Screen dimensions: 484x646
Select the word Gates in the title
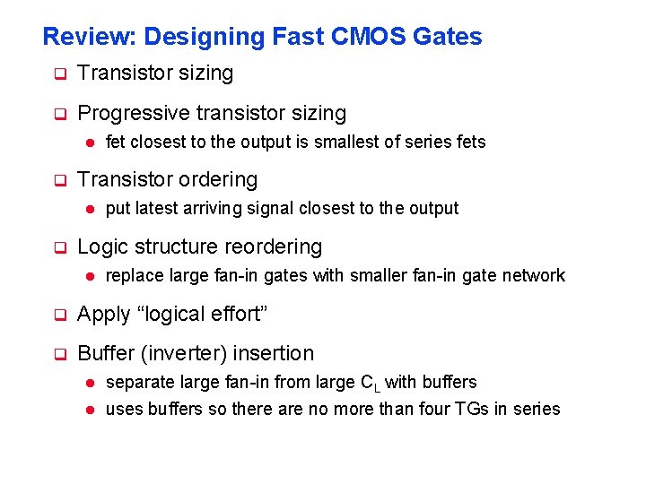tap(448, 37)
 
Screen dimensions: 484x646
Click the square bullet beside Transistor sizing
tap(60, 74)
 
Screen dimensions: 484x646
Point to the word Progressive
tap(133, 114)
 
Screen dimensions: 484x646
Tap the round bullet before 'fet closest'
tap(90, 142)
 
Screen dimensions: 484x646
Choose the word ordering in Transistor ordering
tap(219, 179)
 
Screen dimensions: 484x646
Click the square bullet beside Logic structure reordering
tap(60, 246)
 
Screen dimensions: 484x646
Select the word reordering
tap(277, 246)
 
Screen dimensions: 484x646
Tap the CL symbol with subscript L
tap(369, 383)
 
